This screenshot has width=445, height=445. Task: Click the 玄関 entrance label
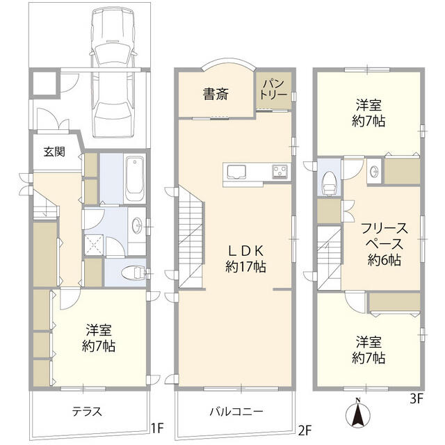pos(54,152)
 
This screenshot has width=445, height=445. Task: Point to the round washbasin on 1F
pos(138,225)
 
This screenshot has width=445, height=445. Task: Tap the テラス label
pos(88,412)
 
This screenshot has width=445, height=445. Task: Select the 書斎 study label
pos(215,95)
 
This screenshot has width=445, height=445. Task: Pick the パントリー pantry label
pos(274,91)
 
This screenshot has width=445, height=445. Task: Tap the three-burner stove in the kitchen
pos(280,172)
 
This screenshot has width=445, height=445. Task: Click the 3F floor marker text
pos(415,400)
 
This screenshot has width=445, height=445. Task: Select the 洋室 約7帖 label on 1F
pos(98,337)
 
